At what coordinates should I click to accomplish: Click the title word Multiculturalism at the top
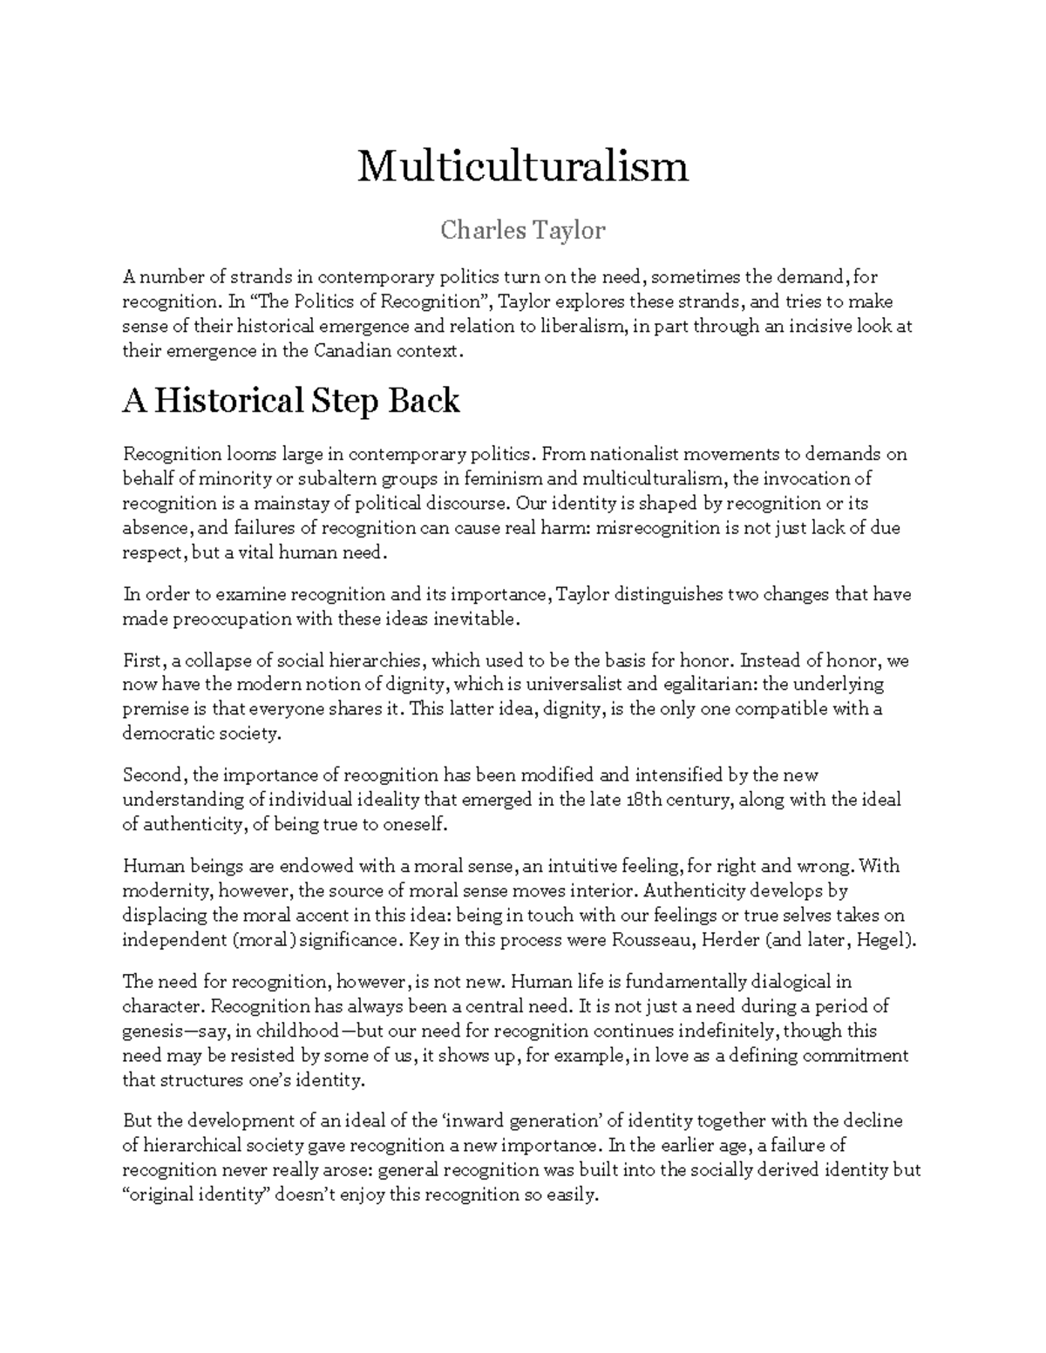click(523, 166)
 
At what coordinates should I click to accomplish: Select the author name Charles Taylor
click(522, 231)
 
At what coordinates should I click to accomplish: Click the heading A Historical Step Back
click(291, 401)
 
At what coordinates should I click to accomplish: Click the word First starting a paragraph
click(142, 660)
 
